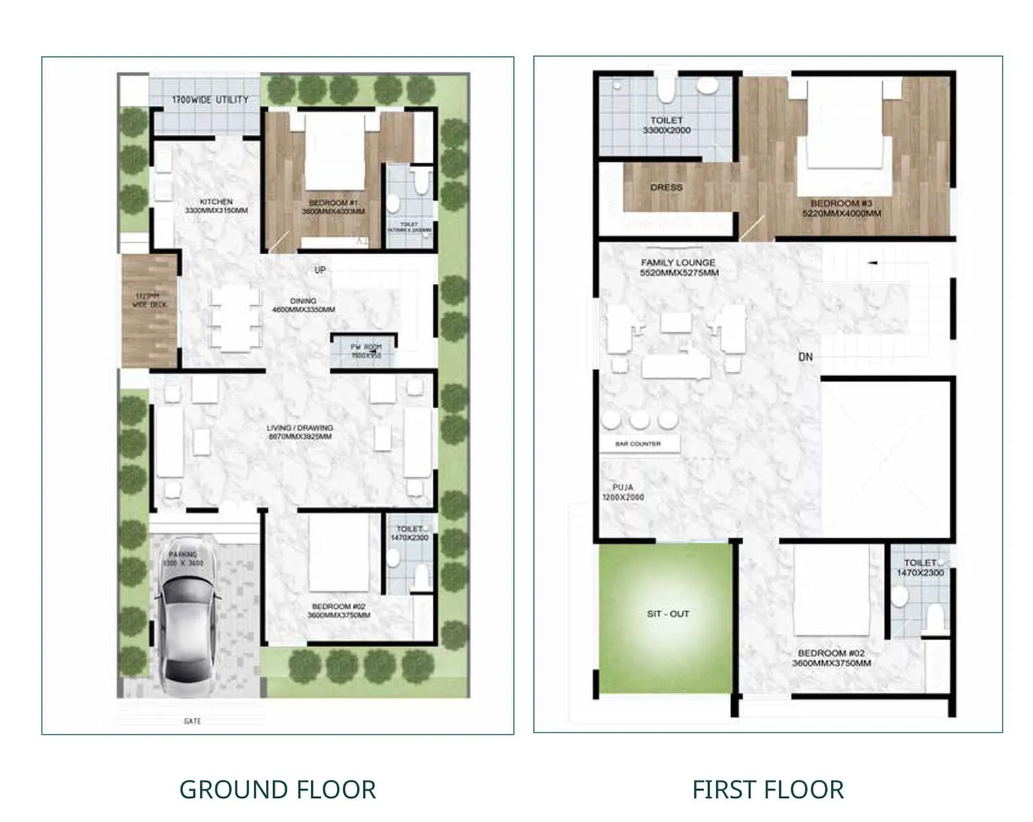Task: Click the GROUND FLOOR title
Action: [x=277, y=789]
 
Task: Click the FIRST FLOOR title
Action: [x=768, y=789]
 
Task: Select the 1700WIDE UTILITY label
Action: [x=210, y=99]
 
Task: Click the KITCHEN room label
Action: [x=216, y=206]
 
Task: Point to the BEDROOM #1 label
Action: [x=333, y=207]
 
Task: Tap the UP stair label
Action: [x=320, y=270]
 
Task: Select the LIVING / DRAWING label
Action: [x=300, y=431]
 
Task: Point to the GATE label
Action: [x=192, y=721]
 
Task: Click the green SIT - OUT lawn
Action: [x=668, y=617]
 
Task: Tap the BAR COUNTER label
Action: [x=638, y=444]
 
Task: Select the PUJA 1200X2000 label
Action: [x=623, y=492]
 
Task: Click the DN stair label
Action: [x=805, y=356]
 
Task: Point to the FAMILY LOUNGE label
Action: [x=679, y=267]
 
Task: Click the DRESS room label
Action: [x=666, y=187]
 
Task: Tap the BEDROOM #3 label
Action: [x=841, y=207]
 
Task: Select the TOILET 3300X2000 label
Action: [x=666, y=125]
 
